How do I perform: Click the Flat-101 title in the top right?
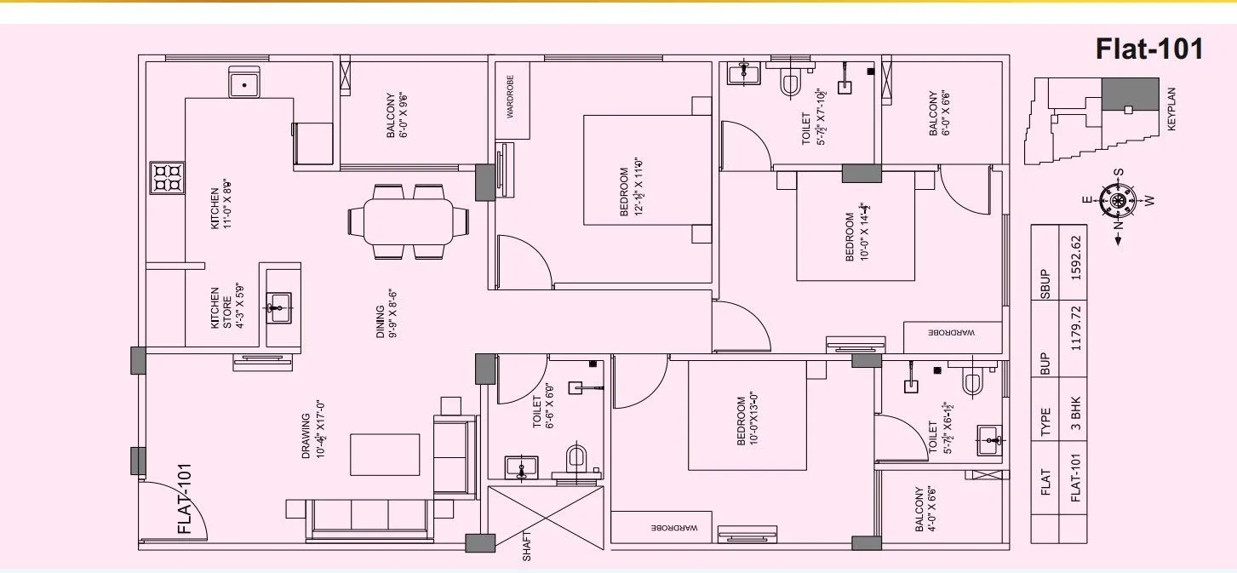coord(1149,49)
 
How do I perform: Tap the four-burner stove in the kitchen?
coord(167,177)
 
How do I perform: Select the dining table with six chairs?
coord(408,221)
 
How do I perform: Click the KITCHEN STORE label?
coord(220,307)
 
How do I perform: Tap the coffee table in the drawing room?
coord(386,454)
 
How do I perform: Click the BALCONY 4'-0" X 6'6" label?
coord(925,509)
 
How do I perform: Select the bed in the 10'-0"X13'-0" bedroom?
coord(747,415)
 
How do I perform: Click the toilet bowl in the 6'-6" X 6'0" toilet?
coord(577,458)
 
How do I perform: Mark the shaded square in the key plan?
coord(1131,94)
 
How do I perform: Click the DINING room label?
coord(387,314)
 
